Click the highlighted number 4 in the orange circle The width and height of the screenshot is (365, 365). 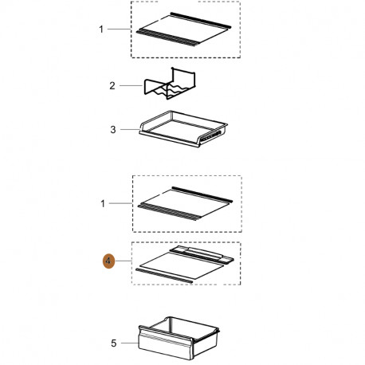click(x=108, y=261)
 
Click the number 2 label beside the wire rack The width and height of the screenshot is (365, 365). click(x=112, y=86)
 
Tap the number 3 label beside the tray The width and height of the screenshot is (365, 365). click(x=113, y=130)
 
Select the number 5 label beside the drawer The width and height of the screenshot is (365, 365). click(x=114, y=343)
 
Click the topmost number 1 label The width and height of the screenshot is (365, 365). click(x=101, y=29)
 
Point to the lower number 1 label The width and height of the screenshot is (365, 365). click(x=103, y=204)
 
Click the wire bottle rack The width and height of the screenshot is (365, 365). click(x=170, y=84)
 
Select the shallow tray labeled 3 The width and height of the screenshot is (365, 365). click(x=183, y=129)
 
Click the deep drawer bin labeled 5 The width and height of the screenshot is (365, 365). click(x=179, y=338)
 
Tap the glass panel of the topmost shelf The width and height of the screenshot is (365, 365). click(x=183, y=29)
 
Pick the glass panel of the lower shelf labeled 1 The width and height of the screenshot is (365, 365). click(x=185, y=204)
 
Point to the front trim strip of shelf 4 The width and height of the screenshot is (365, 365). click(x=164, y=276)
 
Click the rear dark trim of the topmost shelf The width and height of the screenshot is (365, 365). click(x=201, y=20)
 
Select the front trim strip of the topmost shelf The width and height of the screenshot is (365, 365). click(x=167, y=38)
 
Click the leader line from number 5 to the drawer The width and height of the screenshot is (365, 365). click(x=130, y=343)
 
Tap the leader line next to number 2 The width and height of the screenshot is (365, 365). click(x=131, y=85)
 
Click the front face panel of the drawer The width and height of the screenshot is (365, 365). click(x=165, y=345)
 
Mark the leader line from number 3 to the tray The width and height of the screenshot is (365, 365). click(x=130, y=129)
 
